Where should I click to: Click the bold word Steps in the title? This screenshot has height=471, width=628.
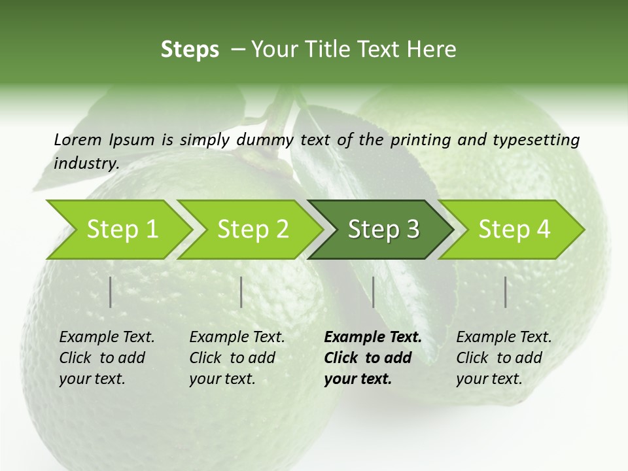[190, 50]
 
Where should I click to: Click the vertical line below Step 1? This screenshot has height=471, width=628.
[111, 292]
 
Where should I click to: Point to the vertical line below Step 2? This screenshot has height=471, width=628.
[241, 292]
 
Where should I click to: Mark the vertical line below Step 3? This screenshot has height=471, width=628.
[373, 292]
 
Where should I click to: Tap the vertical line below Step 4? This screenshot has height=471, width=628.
[505, 292]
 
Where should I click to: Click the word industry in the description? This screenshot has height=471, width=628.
[86, 164]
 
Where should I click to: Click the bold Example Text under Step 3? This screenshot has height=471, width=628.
[373, 338]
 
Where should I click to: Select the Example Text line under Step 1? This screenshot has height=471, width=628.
[107, 338]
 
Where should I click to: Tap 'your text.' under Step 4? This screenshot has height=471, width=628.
[489, 379]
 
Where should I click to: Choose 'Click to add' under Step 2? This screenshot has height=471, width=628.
[232, 358]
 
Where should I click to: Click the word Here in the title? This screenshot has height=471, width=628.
[432, 50]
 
